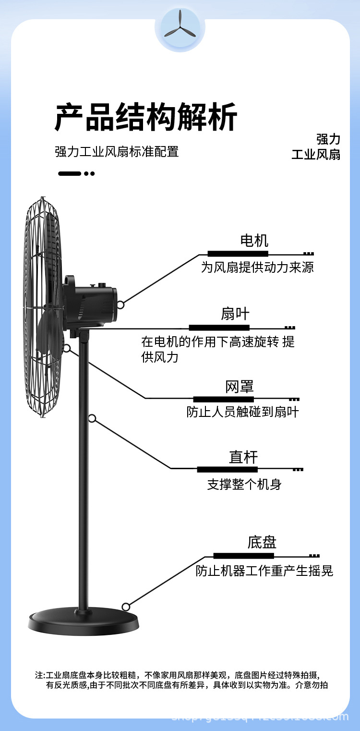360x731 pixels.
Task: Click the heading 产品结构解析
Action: point(145,118)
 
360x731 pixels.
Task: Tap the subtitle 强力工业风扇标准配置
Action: point(117,152)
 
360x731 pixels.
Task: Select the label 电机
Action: point(254,241)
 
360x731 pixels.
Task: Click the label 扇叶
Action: point(235,314)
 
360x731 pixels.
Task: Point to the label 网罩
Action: point(239,387)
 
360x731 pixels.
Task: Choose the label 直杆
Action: point(243,457)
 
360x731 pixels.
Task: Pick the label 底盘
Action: point(262,543)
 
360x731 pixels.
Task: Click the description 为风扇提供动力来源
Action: point(257,268)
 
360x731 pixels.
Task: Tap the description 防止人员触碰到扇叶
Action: point(242,412)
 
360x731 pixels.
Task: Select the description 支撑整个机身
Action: point(244,484)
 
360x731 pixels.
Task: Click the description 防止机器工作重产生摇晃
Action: point(264,571)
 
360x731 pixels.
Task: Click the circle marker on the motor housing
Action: point(120,305)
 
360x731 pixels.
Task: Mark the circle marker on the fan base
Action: point(126,607)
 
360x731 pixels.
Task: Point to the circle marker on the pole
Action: point(92,419)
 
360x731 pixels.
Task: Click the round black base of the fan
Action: point(84,622)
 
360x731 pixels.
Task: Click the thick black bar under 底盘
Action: point(243,556)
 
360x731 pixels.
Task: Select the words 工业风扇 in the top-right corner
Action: point(316,155)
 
